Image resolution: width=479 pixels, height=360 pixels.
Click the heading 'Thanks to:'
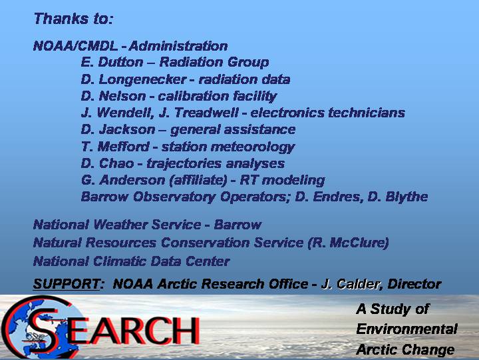point(74,19)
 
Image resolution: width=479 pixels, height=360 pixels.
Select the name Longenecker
point(142,79)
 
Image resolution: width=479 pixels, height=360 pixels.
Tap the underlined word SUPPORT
point(67,284)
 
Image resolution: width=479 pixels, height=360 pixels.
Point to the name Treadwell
point(206,113)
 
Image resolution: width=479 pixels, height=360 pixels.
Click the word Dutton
point(120,62)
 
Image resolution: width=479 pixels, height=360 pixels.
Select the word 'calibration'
point(193,96)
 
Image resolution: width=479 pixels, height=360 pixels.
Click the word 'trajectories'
point(184,163)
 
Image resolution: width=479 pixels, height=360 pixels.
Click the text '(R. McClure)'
point(348,243)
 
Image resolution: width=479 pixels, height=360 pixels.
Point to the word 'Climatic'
point(119,261)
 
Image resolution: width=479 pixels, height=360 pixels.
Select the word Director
point(414,284)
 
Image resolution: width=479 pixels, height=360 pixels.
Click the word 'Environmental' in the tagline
point(406,329)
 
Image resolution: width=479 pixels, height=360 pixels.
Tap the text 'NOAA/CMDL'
point(75,46)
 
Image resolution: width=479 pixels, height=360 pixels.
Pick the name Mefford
point(124,147)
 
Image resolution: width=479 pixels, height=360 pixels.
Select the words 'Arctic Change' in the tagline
point(405,349)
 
